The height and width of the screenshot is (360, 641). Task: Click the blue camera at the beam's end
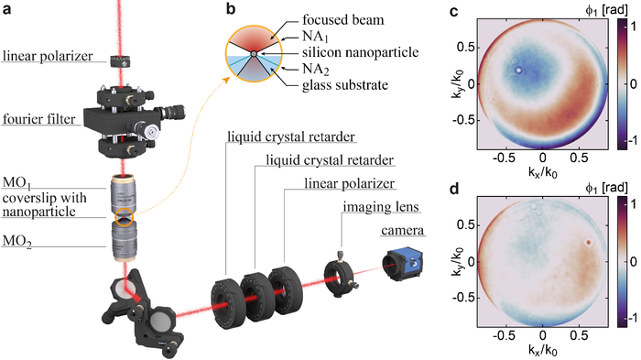coord(402,264)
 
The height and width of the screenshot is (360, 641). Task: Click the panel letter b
coord(231,9)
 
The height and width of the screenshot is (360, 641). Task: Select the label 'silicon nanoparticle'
coord(361,52)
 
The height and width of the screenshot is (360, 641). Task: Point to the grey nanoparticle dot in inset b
coord(254,54)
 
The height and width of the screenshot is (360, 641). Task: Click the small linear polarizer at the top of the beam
coord(121,61)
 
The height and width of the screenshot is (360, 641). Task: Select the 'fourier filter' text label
coord(39,119)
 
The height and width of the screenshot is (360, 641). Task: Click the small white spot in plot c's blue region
coord(519,71)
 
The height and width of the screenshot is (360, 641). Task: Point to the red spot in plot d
coord(589,242)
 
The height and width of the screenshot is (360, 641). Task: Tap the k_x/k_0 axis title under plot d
coord(542,351)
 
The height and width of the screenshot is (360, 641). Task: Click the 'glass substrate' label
coord(345,85)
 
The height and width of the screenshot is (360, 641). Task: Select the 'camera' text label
coord(402,230)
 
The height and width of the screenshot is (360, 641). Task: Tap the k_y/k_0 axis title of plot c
coord(457,84)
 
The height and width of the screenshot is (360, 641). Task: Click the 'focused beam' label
coord(343,19)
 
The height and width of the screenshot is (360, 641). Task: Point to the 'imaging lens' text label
coord(381,207)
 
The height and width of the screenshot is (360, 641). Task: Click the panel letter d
coord(454,190)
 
